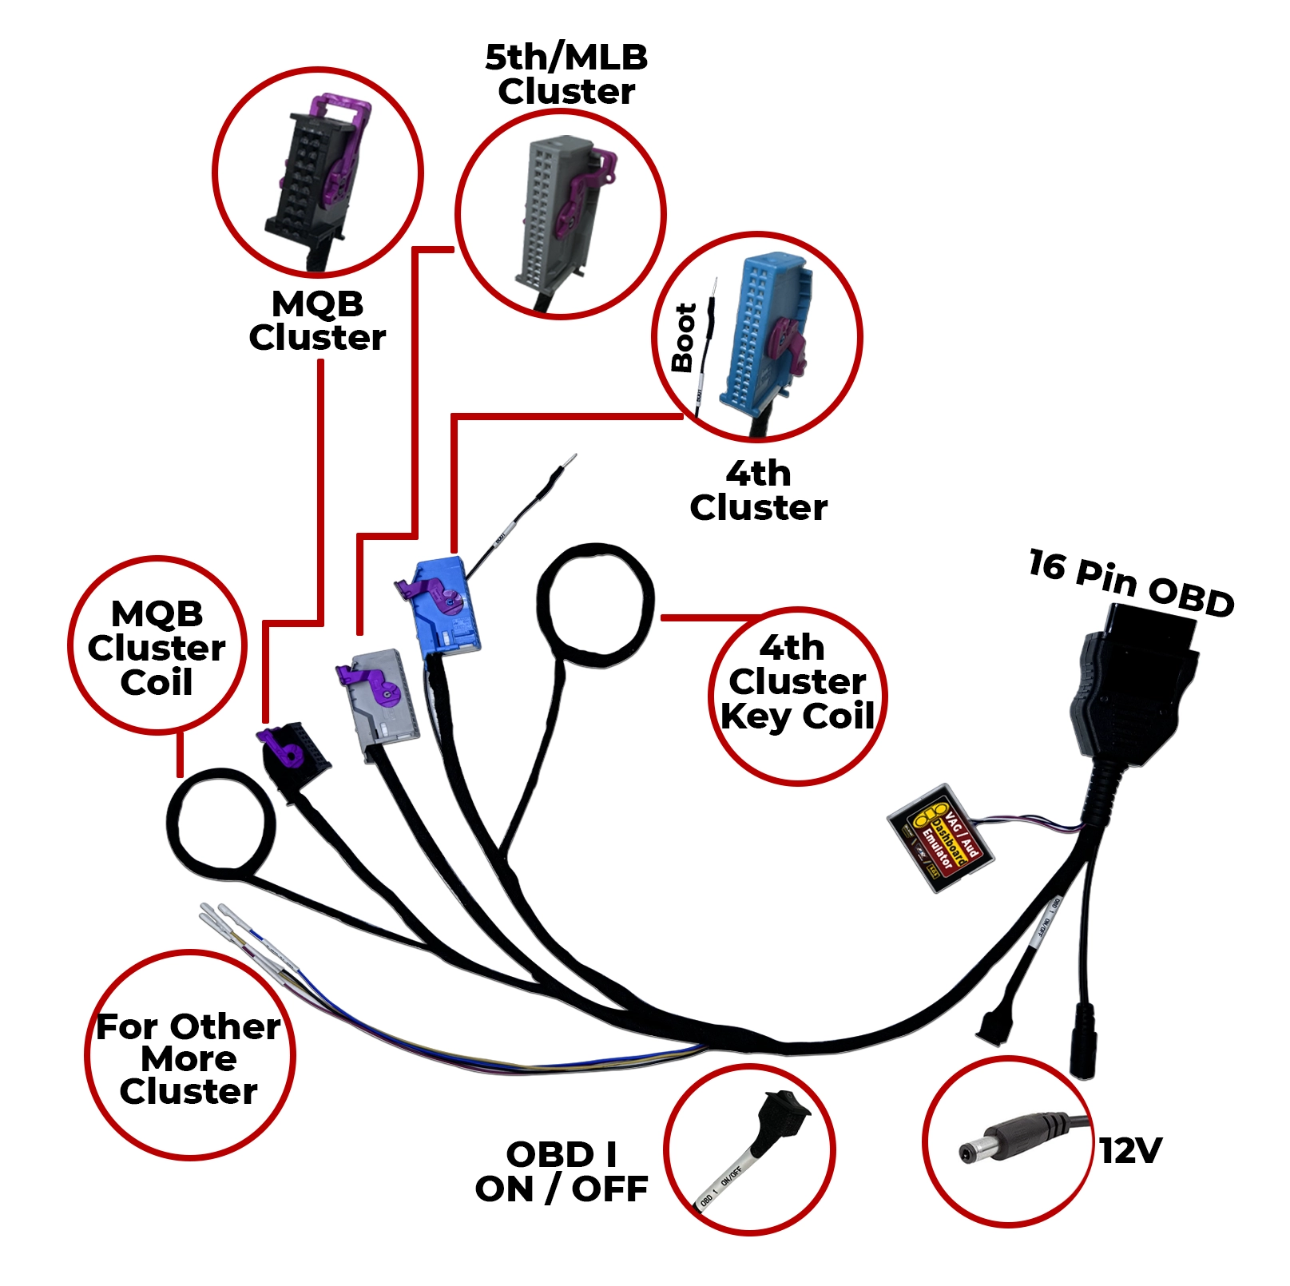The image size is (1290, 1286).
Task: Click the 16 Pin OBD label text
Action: coord(1131,583)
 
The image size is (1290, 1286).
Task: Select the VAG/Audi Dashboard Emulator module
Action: coord(941,837)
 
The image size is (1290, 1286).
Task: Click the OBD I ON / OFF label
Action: coord(562,1172)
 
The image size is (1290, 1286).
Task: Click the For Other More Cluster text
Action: coord(189,1058)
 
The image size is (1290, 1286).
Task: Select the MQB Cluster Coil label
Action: coord(157,648)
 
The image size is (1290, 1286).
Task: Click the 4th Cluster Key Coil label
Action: coord(797,681)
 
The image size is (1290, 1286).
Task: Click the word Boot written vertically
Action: coord(684,338)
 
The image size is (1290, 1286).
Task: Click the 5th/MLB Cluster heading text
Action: coord(566,73)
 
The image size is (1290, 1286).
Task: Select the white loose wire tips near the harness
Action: coord(220,919)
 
